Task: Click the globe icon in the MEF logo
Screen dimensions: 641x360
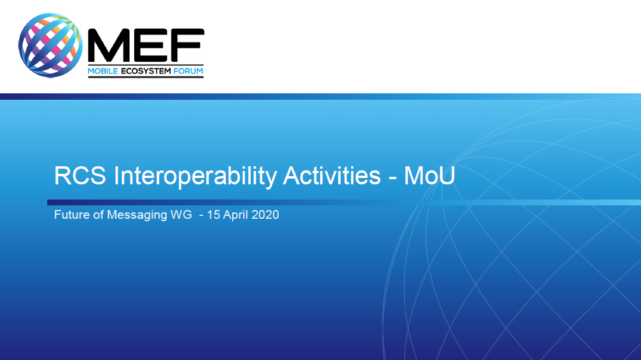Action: point(50,46)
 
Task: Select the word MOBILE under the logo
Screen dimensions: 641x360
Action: point(103,71)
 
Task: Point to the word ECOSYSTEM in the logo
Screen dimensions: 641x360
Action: point(146,71)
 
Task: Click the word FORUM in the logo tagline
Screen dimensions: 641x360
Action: point(188,71)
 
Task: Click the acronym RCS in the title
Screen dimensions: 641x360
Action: point(80,176)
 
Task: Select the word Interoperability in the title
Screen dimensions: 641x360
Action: point(195,177)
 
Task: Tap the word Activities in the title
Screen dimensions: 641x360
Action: point(332,176)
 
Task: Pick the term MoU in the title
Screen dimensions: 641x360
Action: point(430,176)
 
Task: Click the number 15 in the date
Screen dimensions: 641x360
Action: point(213,215)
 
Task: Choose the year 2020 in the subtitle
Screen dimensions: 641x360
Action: point(265,215)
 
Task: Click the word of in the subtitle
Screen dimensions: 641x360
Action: point(99,215)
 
